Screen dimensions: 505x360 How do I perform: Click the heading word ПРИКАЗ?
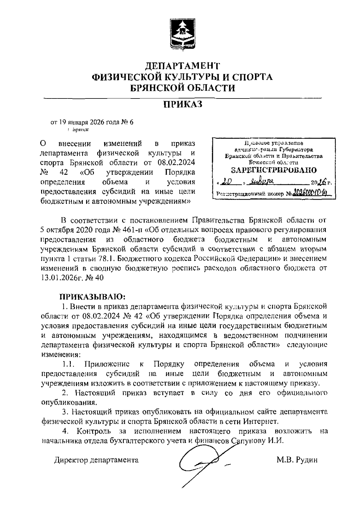point(182,104)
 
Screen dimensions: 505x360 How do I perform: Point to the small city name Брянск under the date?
point(80,130)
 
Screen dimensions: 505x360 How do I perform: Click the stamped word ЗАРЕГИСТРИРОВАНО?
point(274,170)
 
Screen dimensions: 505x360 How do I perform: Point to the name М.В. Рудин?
point(296,460)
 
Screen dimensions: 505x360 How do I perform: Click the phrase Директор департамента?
point(96,460)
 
